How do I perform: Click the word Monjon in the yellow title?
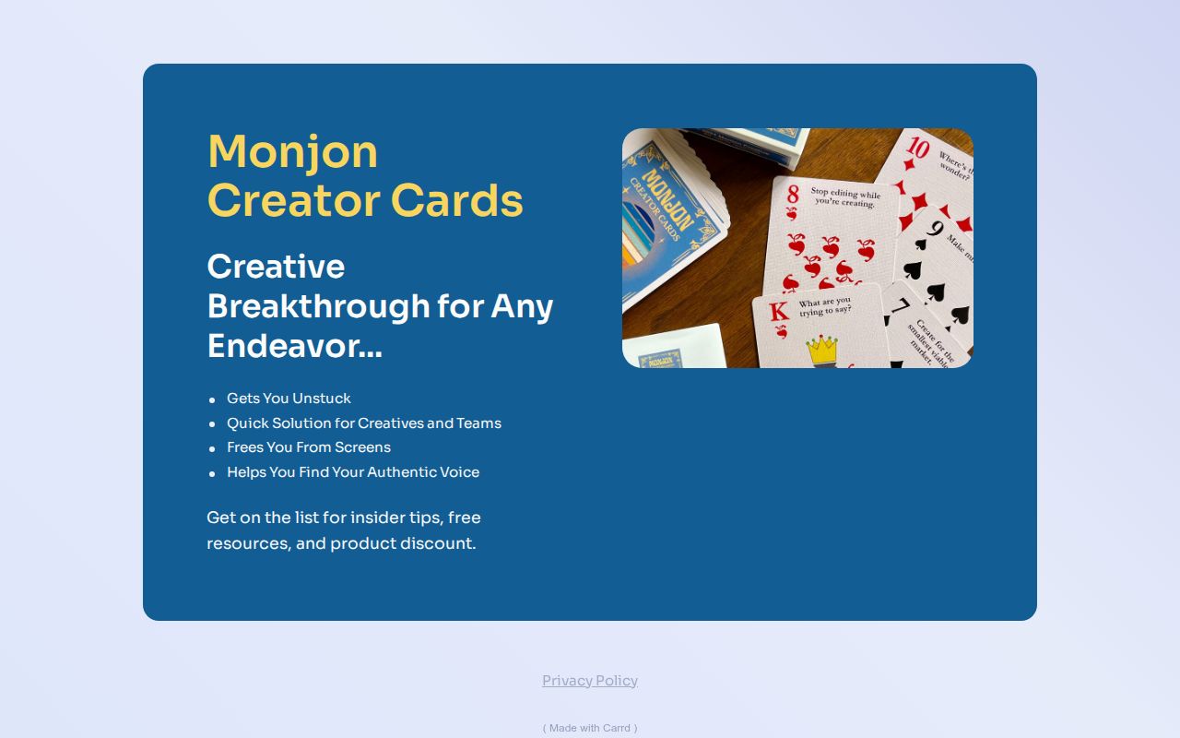(292, 152)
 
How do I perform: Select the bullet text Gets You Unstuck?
(289, 399)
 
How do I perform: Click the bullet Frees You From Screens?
(309, 447)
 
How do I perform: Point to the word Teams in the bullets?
(478, 423)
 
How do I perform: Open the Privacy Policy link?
(590, 681)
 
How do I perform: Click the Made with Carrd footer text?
(590, 728)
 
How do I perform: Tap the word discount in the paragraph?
(441, 543)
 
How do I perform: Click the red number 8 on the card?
(792, 195)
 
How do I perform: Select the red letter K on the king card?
(779, 311)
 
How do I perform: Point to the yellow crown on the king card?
(822, 349)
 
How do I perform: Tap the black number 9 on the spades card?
(934, 228)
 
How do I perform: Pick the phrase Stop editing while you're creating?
(845, 197)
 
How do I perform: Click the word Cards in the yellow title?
(456, 201)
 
